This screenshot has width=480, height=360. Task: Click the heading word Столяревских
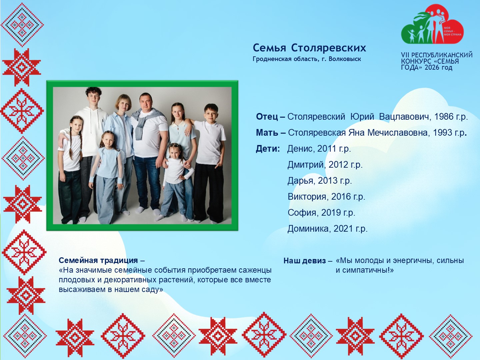tap(328, 48)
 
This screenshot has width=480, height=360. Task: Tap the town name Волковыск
tap(345, 59)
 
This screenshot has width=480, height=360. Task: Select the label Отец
tap(267, 117)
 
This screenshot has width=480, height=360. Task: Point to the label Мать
tap(267, 132)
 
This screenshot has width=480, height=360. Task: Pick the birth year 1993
tap(442, 132)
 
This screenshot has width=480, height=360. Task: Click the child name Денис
tap(300, 149)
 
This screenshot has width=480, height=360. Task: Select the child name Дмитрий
tap(305, 165)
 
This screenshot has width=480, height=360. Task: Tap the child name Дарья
tap(300, 181)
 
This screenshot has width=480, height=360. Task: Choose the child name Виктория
tap(307, 197)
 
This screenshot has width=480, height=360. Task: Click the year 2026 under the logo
tap(432, 68)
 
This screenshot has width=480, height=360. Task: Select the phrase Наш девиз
tap(305, 261)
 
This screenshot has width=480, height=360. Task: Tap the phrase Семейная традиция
tap(98, 260)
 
